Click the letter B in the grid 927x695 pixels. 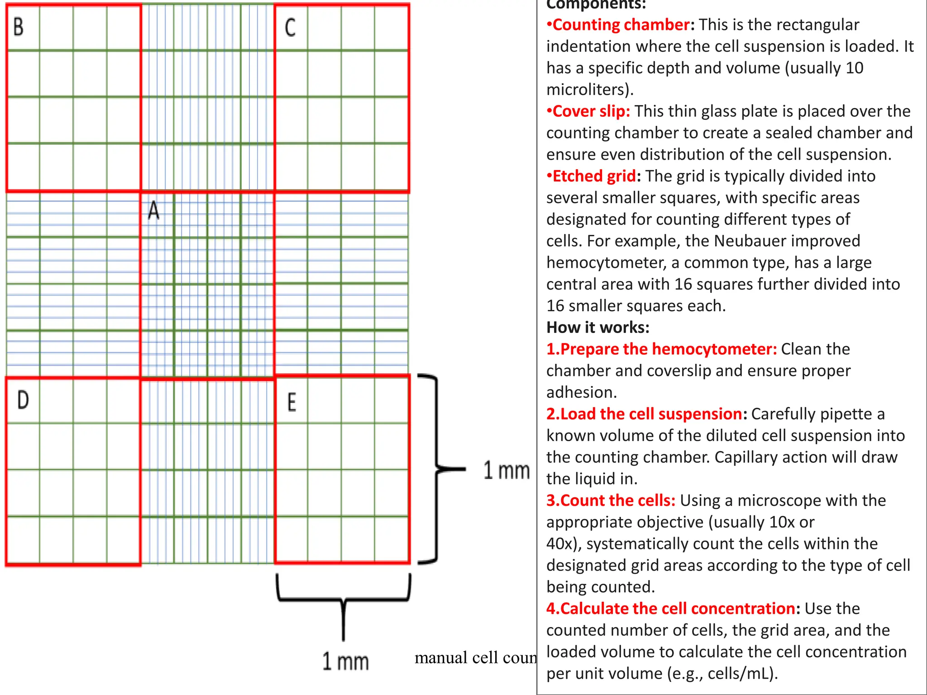(x=19, y=27)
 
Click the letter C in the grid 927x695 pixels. (x=290, y=28)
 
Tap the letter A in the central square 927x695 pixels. (x=154, y=210)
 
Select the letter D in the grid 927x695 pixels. (x=23, y=400)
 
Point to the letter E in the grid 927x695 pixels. (x=292, y=402)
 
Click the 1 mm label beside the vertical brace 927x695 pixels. (x=506, y=470)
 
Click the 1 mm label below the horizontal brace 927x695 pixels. (x=345, y=661)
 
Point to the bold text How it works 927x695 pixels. (x=597, y=327)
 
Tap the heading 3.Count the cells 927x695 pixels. (x=611, y=500)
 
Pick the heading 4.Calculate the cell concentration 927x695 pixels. (x=670, y=609)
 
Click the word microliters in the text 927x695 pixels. (x=587, y=90)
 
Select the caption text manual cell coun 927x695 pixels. (x=475, y=657)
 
